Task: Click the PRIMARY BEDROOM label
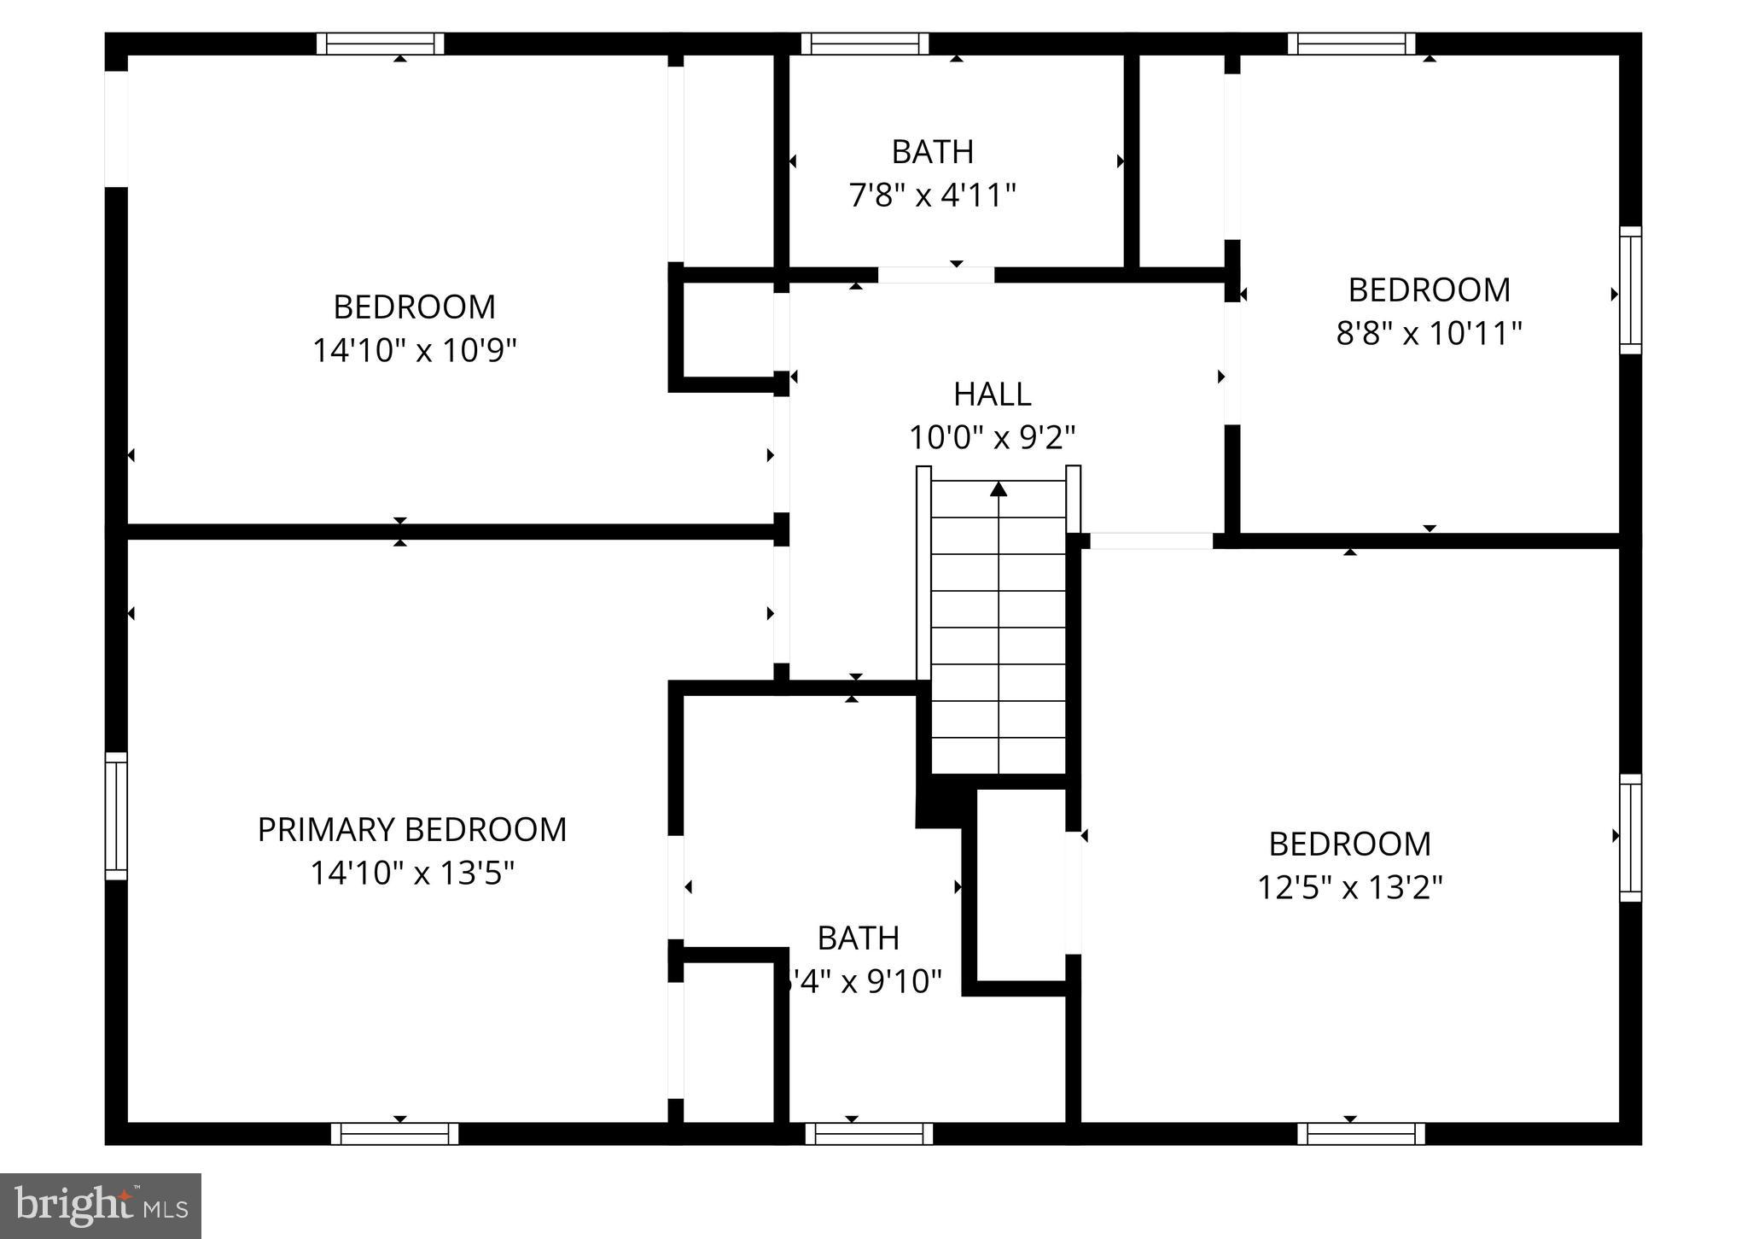412,830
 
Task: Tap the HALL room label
992,394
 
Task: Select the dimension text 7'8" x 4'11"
932,196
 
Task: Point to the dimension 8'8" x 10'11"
1429,333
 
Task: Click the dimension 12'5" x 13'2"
1349,888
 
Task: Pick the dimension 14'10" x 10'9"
415,350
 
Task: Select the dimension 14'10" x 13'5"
412,874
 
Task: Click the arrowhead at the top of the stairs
999,488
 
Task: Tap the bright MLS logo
101,1206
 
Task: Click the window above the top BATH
865,44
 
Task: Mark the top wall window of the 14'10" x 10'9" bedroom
381,44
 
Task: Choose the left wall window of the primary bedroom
116,815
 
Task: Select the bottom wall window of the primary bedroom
394,1134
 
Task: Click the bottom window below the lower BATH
869,1134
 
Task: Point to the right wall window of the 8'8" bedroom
1630,290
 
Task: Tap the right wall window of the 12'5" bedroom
1630,838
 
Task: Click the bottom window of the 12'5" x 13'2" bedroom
1361,1134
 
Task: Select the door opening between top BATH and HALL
936,275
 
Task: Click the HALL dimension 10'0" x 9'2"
992,438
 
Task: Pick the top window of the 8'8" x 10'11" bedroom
1351,44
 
